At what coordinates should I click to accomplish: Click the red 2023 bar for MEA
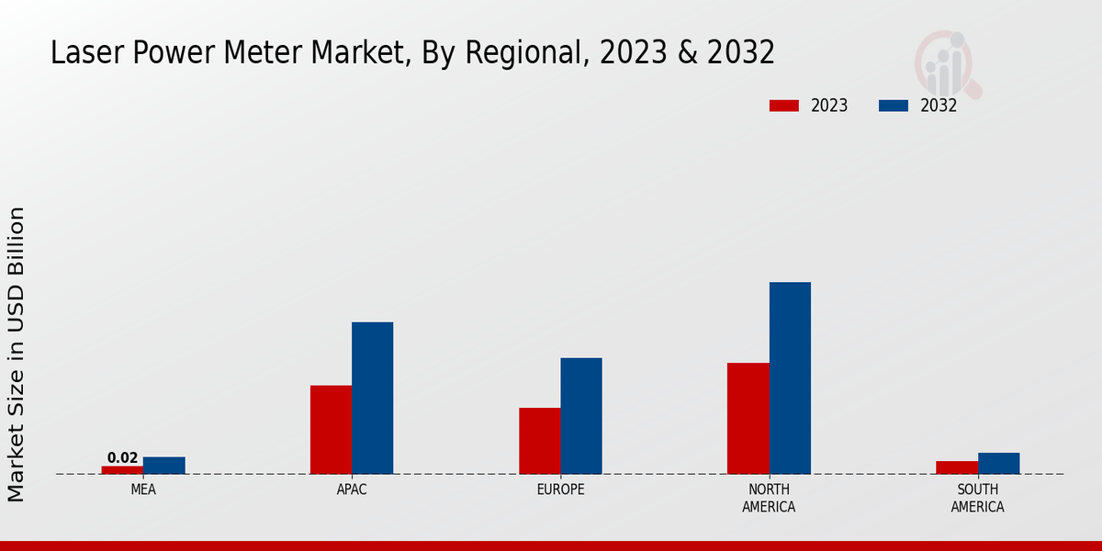pos(122,469)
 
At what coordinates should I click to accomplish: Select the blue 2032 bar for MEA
pos(163,466)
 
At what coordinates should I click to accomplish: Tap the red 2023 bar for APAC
pos(331,430)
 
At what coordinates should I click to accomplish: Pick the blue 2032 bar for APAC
pos(372,398)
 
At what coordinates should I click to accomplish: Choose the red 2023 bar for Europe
pos(539,441)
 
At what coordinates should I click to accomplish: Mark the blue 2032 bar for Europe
pos(581,416)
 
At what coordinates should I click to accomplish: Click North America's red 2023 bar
pos(748,419)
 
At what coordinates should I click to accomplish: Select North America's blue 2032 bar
pos(790,377)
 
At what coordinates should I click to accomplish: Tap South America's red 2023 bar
pos(957,467)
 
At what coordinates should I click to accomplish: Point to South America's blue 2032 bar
pos(998,463)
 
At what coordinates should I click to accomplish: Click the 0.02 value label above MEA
pos(122,457)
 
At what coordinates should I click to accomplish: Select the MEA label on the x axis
pos(143,489)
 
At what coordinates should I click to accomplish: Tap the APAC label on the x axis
pos(352,489)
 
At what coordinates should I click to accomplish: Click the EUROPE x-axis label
pos(560,489)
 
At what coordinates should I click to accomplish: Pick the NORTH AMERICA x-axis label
pos(769,498)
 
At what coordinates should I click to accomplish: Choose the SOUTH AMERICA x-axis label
pos(977,498)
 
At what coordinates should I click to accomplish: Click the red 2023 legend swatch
pos(783,106)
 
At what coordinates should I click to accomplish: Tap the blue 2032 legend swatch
pos(893,106)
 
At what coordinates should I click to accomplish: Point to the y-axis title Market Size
pos(17,354)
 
